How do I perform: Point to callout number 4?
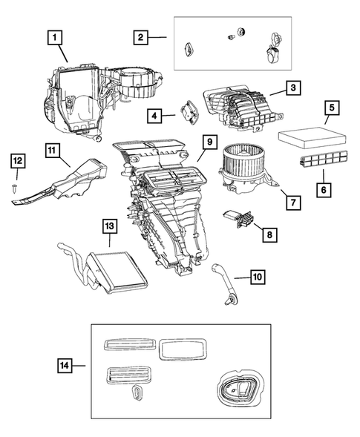click(154, 116)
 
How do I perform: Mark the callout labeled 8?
click(268, 234)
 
